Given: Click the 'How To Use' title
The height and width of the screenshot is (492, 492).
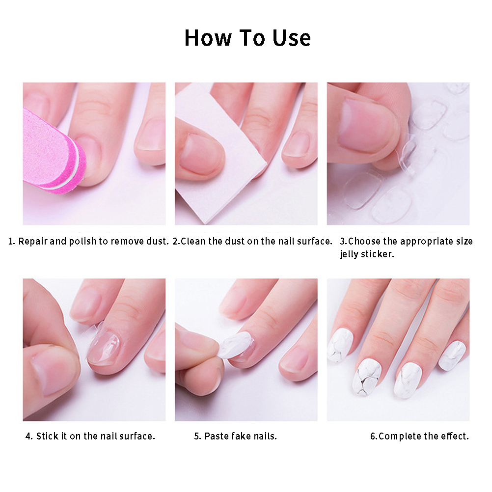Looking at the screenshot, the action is [247, 38].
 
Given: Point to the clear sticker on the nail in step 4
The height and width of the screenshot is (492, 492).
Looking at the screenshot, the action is [104, 347].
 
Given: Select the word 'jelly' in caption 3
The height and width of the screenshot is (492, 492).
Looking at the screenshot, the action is [349, 254].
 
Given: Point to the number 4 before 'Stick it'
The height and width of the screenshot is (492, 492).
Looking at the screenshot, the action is [29, 436].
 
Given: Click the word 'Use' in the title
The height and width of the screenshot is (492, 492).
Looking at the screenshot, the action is [292, 38].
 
